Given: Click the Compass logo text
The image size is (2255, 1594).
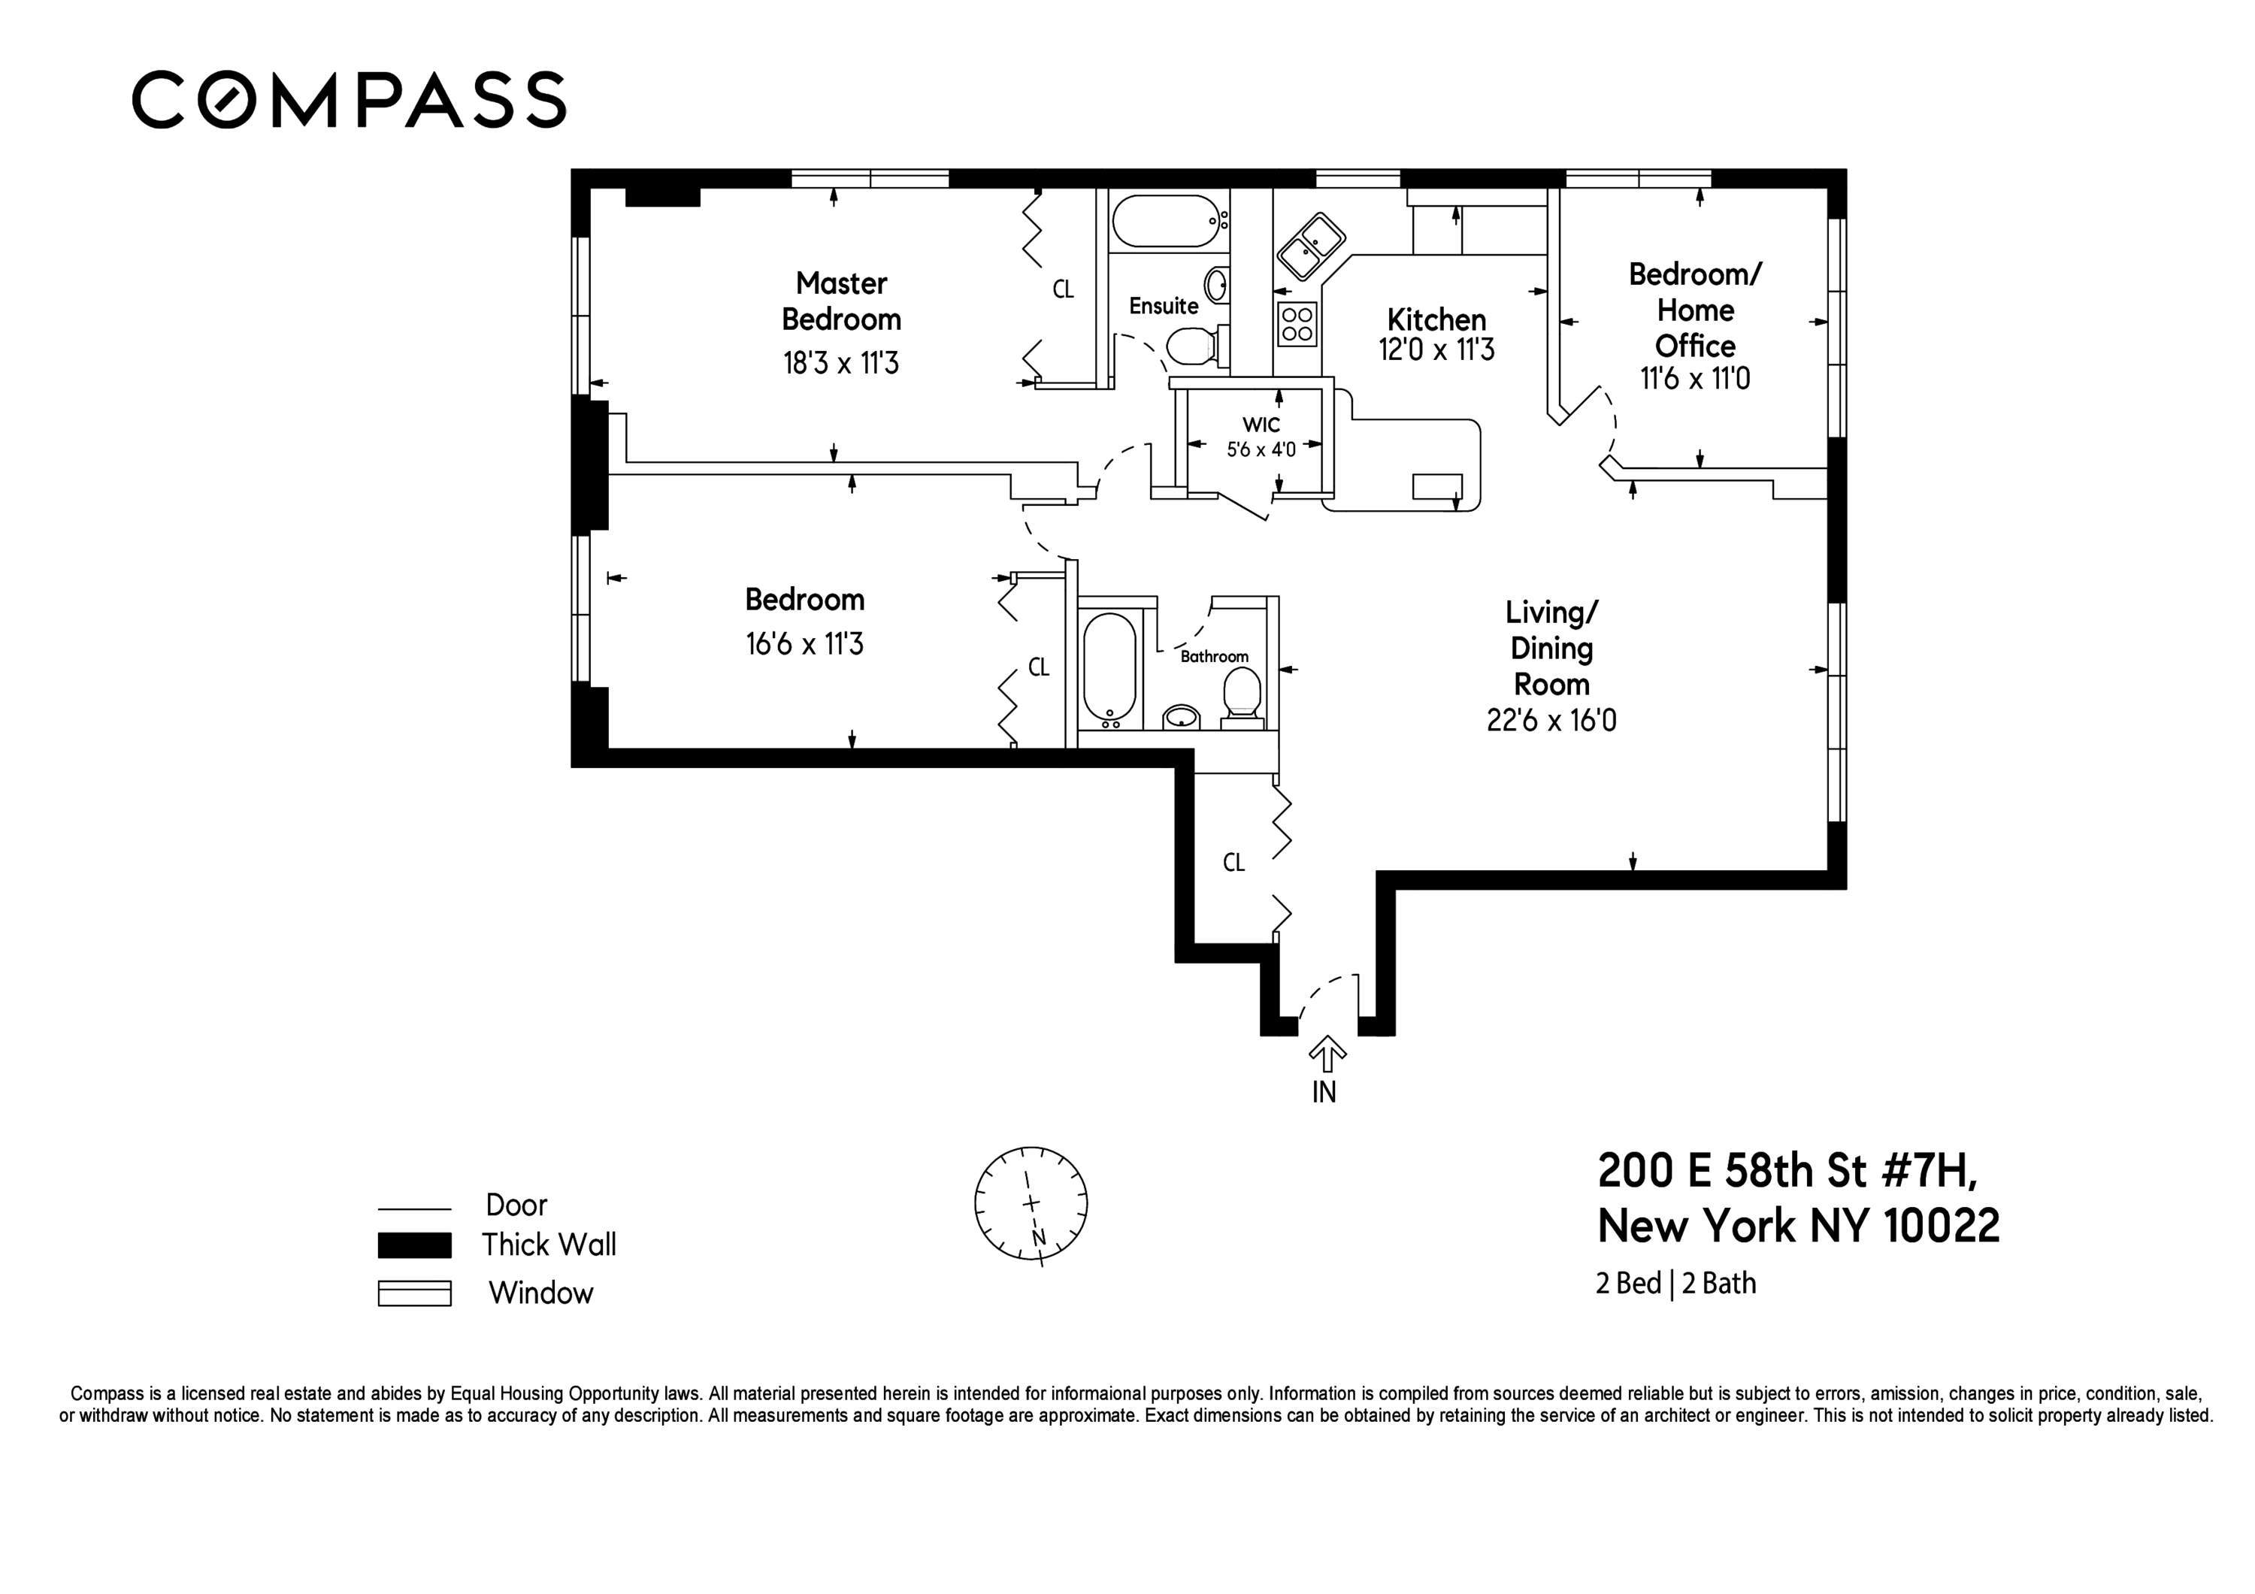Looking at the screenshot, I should pyautogui.click(x=349, y=99).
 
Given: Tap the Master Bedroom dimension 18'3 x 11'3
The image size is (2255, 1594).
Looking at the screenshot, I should pyautogui.click(x=840, y=364).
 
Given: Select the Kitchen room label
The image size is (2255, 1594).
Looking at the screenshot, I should pyautogui.click(x=1436, y=319).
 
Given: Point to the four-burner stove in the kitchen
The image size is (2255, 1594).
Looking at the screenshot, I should pyautogui.click(x=1297, y=324).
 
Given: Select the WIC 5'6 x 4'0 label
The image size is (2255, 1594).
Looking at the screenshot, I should pyautogui.click(x=1261, y=437).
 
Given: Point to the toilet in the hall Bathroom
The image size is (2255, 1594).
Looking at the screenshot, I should pyautogui.click(x=1243, y=695).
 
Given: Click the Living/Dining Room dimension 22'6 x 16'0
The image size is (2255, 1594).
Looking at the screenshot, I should pyautogui.click(x=1551, y=721).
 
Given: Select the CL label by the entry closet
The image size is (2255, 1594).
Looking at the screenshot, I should pyautogui.click(x=1233, y=862).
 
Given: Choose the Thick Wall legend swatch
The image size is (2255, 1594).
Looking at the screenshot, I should pyautogui.click(x=414, y=1245).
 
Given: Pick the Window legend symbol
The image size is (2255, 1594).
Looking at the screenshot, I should pyautogui.click(x=414, y=1293).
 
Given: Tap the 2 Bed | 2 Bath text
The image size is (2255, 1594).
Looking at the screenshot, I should pyautogui.click(x=1675, y=1284).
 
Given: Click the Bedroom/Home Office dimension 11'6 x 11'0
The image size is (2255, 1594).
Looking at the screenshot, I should pyautogui.click(x=1695, y=379).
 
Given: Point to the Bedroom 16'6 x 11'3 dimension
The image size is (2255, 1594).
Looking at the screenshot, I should pyautogui.click(x=804, y=644).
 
